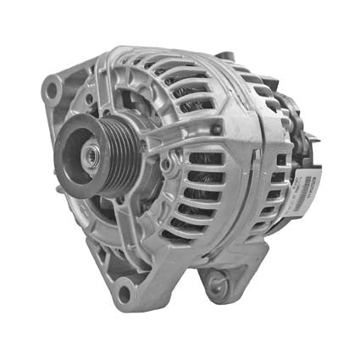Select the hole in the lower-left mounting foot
pyautogui.click(x=125, y=294)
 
